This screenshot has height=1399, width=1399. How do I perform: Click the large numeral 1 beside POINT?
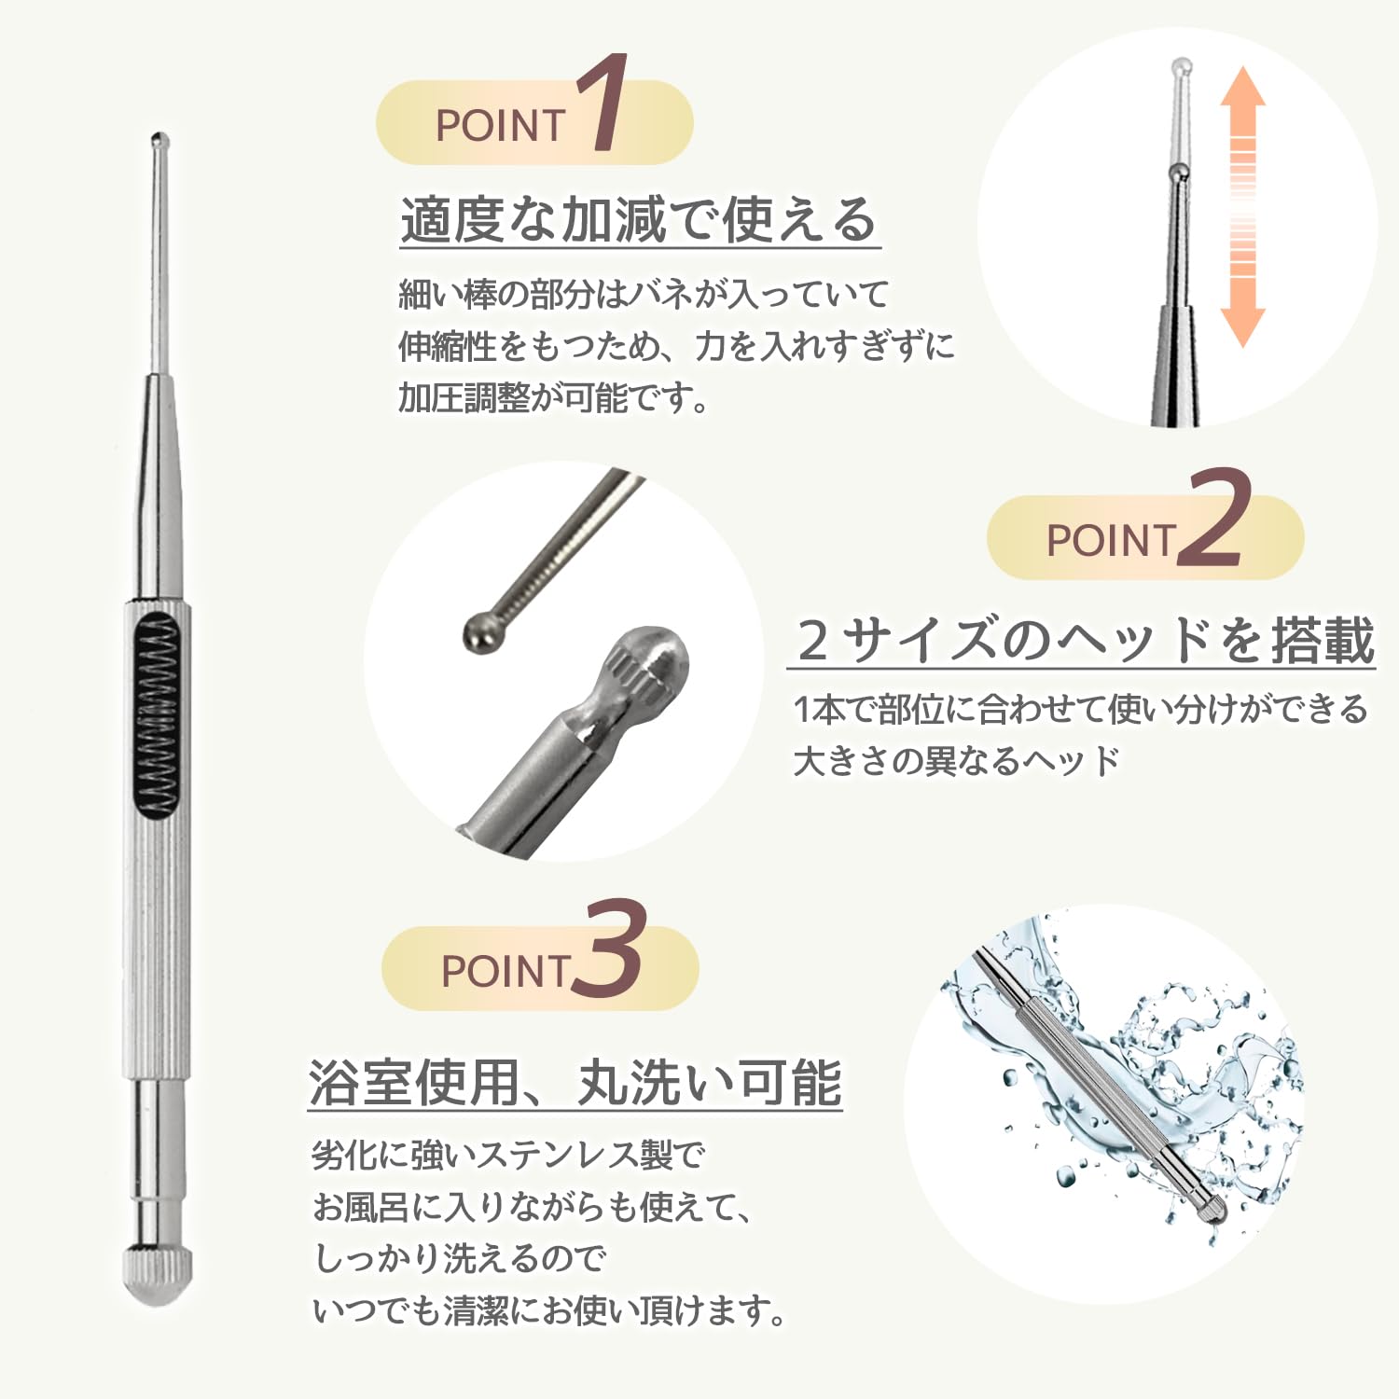pos(602,103)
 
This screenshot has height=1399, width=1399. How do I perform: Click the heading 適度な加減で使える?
pos(639,220)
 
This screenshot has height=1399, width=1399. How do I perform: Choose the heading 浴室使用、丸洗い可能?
pos(575,1083)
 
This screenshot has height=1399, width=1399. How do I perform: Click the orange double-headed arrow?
pos(1243,207)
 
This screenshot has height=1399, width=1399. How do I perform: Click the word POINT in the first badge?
pos(501,126)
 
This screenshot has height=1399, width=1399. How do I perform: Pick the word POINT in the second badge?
pos(1111,541)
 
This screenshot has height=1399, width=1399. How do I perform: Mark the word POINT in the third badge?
pos(506,971)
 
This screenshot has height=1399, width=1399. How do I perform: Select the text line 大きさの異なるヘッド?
pos(956,761)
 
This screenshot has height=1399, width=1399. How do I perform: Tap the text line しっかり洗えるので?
pos(459,1259)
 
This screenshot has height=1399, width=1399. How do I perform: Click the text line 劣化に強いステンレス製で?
pos(508,1156)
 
